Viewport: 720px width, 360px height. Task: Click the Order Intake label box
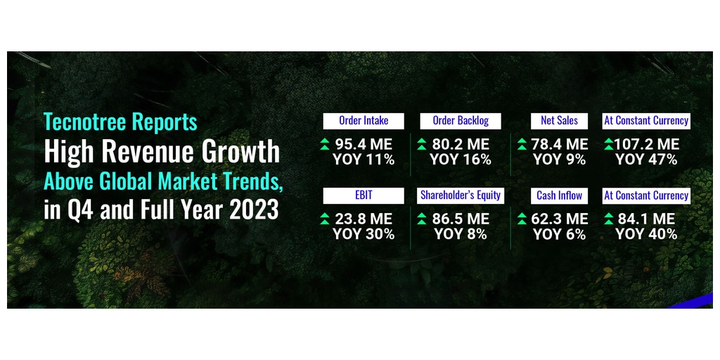(364, 121)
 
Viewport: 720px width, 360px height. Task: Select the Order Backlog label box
(461, 121)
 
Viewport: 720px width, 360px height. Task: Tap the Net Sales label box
(559, 121)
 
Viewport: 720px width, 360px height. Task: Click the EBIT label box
(364, 195)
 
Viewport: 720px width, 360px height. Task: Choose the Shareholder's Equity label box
(461, 195)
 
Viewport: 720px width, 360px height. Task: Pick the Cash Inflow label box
(559, 195)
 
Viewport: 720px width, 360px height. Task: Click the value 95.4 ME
(364, 145)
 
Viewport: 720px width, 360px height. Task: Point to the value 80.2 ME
(461, 145)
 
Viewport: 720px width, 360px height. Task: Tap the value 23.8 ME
(364, 219)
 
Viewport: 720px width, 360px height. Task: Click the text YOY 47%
(646, 160)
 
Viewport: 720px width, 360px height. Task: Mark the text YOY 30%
(364, 234)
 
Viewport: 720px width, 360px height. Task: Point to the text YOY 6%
(559, 234)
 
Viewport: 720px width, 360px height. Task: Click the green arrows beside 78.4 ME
(522, 145)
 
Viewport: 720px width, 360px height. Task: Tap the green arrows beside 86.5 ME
(422, 219)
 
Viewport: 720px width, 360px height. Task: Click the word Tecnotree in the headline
(85, 122)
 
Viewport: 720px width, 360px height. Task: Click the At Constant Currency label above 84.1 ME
(646, 195)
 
